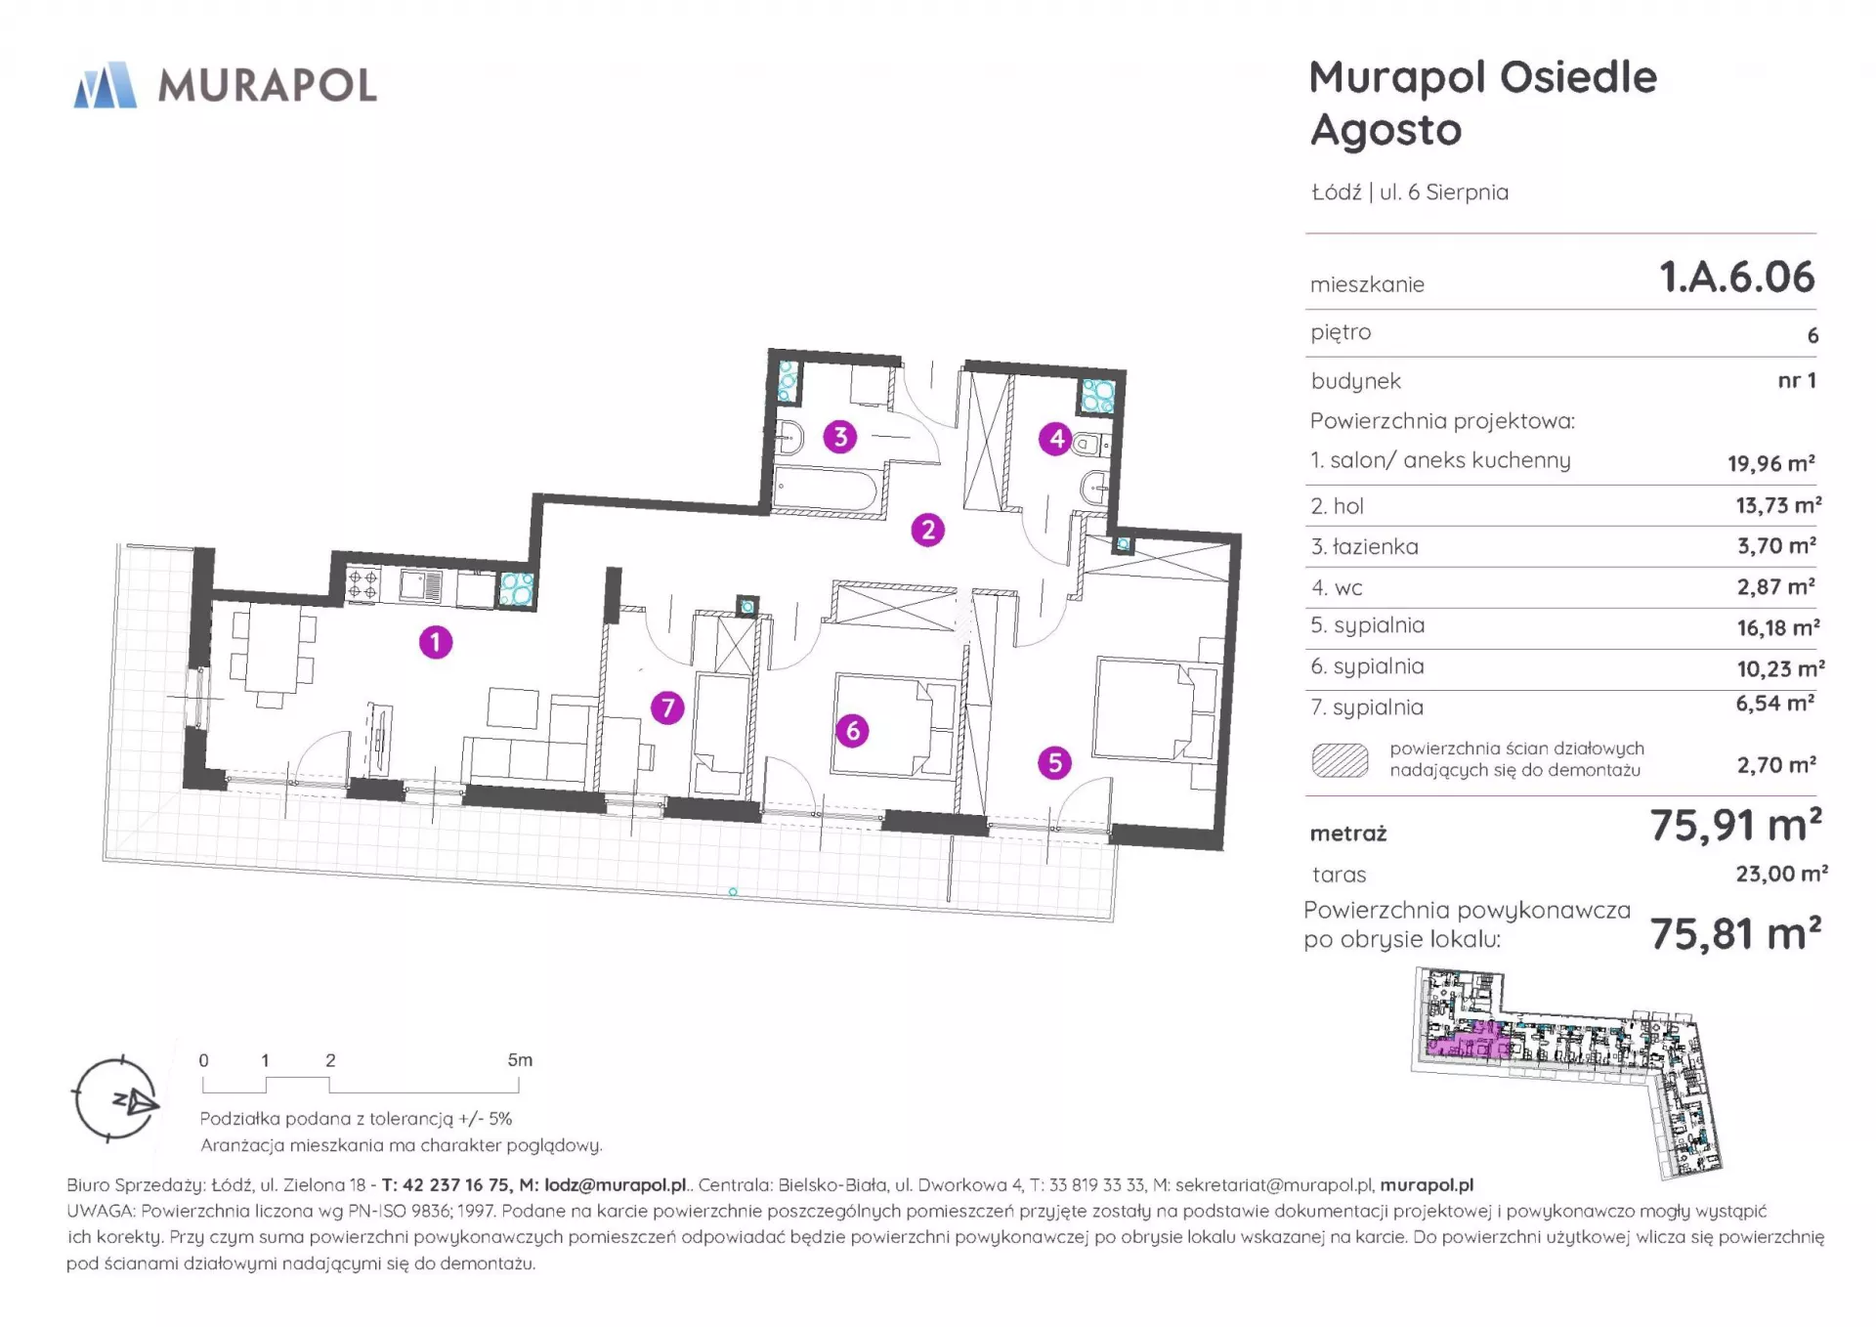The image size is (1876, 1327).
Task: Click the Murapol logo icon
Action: click(x=106, y=85)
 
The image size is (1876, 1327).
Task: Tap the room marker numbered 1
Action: click(x=436, y=642)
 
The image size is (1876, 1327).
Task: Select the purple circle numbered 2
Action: click(x=928, y=530)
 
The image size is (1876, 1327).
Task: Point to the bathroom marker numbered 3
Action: click(x=840, y=437)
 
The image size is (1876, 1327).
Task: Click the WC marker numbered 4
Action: click(x=1056, y=439)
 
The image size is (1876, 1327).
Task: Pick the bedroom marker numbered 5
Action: click(x=1054, y=762)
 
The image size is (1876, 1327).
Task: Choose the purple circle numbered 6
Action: click(x=852, y=730)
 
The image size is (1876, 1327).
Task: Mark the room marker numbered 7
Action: click(x=668, y=707)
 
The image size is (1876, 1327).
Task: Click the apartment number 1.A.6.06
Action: click(x=1737, y=278)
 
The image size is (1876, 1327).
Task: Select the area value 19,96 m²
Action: click(x=1771, y=463)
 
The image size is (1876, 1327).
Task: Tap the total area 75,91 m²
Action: click(x=1736, y=826)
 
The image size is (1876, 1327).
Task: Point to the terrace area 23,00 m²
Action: click(x=1781, y=874)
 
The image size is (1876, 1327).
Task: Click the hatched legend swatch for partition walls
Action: click(x=1340, y=760)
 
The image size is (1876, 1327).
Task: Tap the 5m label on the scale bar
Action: click(x=520, y=1060)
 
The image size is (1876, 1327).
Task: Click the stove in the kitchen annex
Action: click(x=363, y=585)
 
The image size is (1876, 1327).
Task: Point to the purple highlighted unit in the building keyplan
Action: click(x=1469, y=1045)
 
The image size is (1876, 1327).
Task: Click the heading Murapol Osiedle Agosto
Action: click(x=1483, y=104)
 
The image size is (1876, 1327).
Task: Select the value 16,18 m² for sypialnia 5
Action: click(x=1777, y=627)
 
